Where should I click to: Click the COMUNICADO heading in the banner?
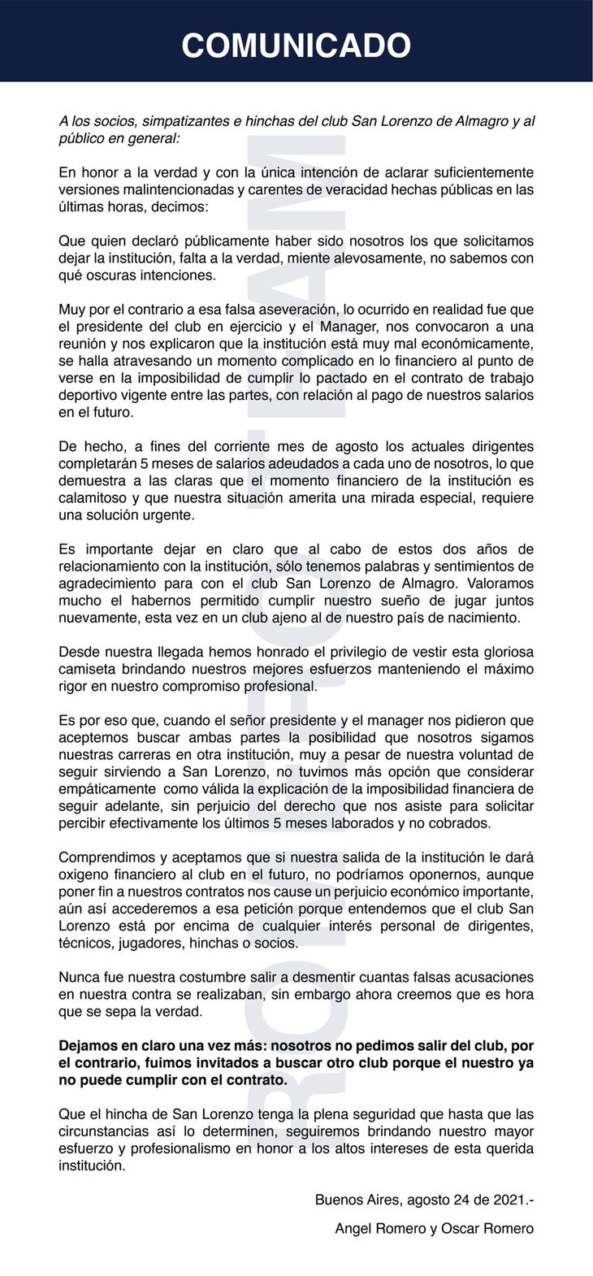(296, 45)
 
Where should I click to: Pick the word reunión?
(83, 344)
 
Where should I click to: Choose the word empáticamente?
(108, 788)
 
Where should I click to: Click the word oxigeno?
(84, 875)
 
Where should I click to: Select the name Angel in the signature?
(353, 1229)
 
